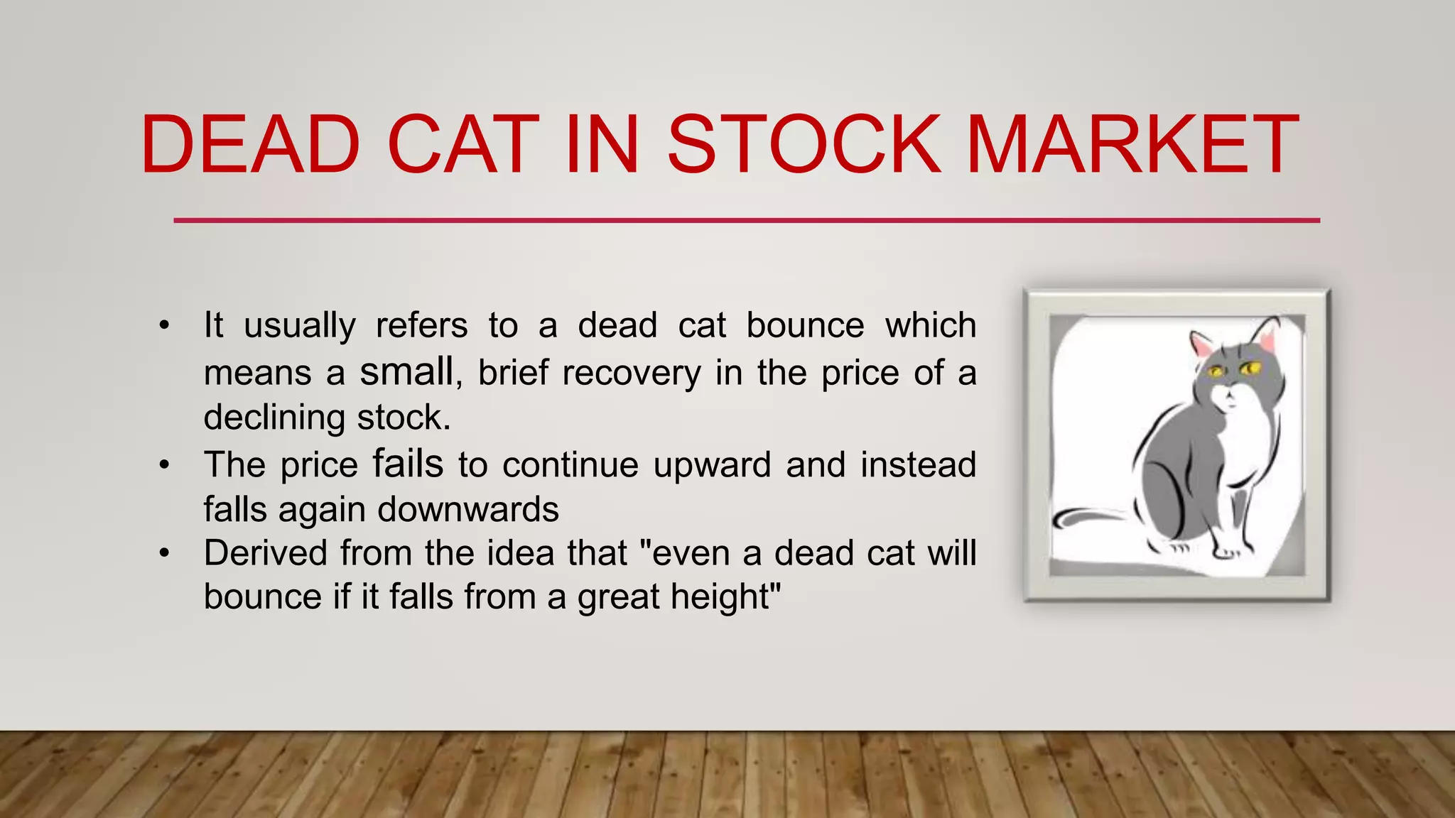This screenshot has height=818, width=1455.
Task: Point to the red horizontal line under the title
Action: click(x=746, y=220)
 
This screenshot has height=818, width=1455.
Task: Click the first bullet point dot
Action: click(x=165, y=327)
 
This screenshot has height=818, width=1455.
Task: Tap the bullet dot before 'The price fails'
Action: click(x=165, y=466)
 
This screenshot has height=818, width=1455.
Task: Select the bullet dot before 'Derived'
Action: click(x=165, y=554)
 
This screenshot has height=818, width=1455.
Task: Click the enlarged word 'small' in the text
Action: click(x=406, y=371)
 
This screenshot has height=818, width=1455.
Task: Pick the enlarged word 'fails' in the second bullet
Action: click(x=408, y=464)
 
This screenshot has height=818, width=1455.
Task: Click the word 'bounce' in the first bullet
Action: click(x=805, y=326)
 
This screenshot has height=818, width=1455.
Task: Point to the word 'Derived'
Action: click(x=266, y=553)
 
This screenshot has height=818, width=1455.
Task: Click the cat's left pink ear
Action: click(x=1202, y=344)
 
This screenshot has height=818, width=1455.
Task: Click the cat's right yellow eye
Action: click(x=1250, y=368)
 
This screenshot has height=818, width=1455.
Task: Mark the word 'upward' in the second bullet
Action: click(x=712, y=466)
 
